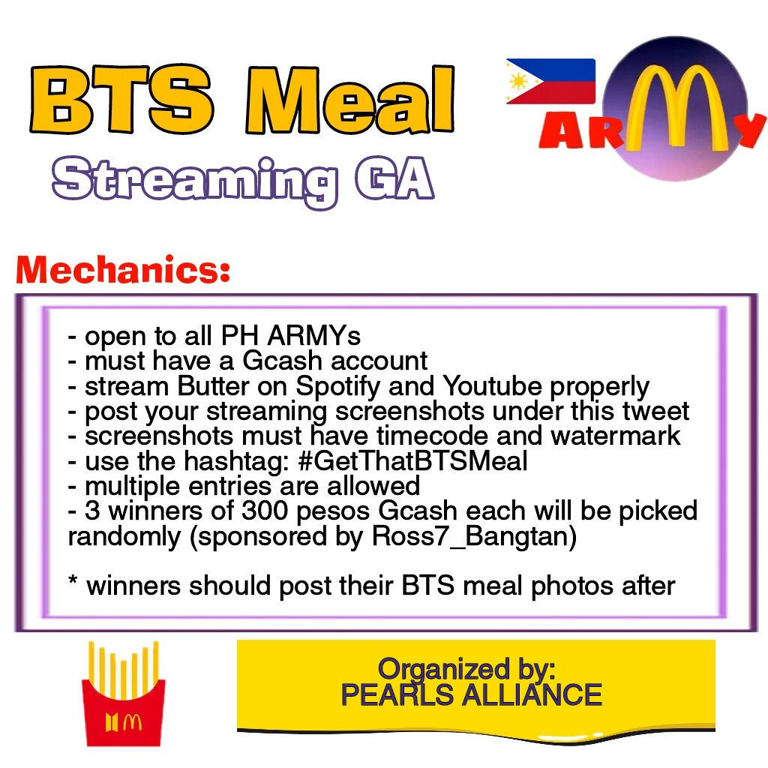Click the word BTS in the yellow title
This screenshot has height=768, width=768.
(121, 100)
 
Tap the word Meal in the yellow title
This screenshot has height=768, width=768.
(349, 100)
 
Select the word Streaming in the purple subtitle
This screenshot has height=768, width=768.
(195, 181)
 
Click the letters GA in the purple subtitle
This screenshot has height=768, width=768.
(394, 178)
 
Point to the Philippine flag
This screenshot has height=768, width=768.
(550, 81)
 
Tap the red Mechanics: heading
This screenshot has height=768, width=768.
(123, 269)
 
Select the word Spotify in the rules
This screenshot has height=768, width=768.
(337, 387)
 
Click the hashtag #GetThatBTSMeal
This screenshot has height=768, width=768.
(412, 461)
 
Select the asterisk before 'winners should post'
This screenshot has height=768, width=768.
(73, 581)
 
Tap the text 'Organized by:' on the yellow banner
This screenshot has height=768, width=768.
(466, 669)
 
